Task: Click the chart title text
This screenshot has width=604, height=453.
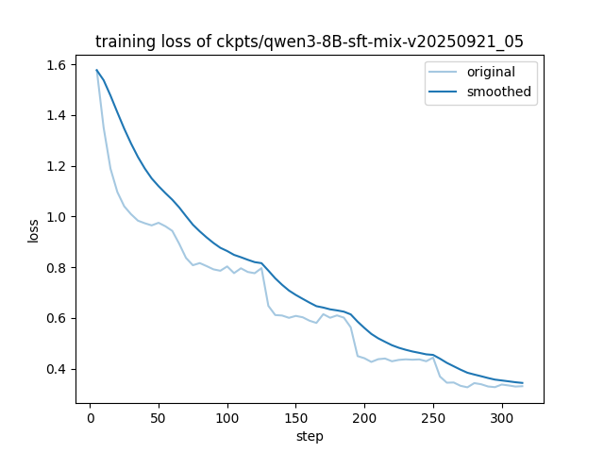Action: [x=310, y=41]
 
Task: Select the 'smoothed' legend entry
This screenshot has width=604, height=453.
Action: [x=499, y=92]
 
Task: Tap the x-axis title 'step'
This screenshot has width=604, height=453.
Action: [x=310, y=437]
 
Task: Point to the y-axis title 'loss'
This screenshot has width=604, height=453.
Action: [x=34, y=230]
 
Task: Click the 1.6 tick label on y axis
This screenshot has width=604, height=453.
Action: [x=56, y=65]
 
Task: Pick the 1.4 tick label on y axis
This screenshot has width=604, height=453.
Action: [x=56, y=116]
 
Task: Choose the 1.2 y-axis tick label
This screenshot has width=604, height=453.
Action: [x=56, y=166]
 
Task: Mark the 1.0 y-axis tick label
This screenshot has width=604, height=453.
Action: [x=56, y=217]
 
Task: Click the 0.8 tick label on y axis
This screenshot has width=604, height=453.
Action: [x=56, y=268]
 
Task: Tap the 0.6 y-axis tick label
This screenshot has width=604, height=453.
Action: [x=56, y=318]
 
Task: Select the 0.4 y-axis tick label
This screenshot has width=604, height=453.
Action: [x=56, y=369]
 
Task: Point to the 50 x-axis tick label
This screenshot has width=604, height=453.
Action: [x=159, y=418]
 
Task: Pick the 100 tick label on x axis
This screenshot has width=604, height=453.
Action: [x=227, y=418]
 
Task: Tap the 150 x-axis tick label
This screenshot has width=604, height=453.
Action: [x=295, y=418]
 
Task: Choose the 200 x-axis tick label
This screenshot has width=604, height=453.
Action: [x=364, y=418]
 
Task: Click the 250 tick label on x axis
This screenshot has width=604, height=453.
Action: [x=433, y=418]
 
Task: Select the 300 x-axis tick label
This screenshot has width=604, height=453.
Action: [x=502, y=418]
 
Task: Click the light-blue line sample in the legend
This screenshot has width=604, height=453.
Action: [x=445, y=73]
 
